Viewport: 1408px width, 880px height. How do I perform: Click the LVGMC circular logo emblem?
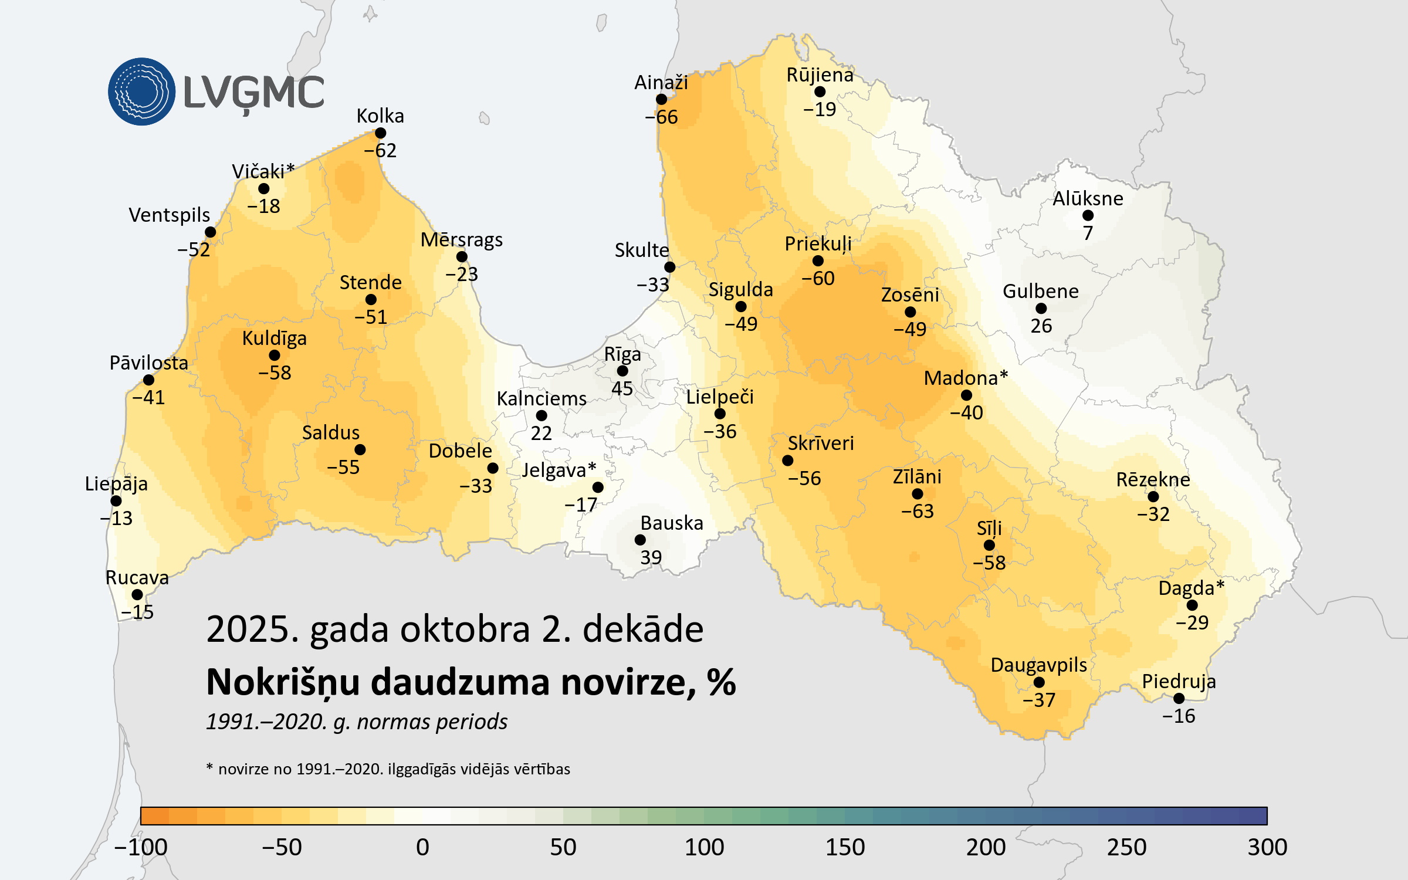pyautogui.click(x=141, y=92)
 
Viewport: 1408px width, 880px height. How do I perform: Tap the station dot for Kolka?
pyautogui.click(x=380, y=133)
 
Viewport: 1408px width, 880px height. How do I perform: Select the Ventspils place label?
pyautogui.click(x=169, y=215)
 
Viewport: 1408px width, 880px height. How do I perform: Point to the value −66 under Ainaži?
pyautogui.click(x=661, y=117)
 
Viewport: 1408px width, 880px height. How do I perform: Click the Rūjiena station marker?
pyautogui.click(x=820, y=92)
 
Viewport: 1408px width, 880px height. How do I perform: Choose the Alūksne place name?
pyautogui.click(x=1088, y=199)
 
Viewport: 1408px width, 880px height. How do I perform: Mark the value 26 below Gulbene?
pyautogui.click(x=1041, y=326)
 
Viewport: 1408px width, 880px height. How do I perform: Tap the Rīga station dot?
pyautogui.click(x=622, y=371)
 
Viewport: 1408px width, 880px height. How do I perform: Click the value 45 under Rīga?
pyautogui.click(x=622, y=388)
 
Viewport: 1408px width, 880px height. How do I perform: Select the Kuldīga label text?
pyautogui.click(x=274, y=339)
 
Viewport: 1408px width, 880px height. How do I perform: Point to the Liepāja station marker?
pyautogui.click(x=116, y=501)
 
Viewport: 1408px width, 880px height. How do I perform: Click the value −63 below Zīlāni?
pyautogui.click(x=918, y=512)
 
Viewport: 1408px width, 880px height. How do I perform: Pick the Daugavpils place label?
pyautogui.click(x=1038, y=665)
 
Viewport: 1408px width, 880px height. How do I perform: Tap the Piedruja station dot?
pyautogui.click(x=1179, y=698)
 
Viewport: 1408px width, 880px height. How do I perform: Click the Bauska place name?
pyautogui.click(x=672, y=523)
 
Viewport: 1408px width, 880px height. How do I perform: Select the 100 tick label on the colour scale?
pyautogui.click(x=704, y=847)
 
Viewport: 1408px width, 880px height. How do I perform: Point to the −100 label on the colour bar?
pyautogui.click(x=141, y=847)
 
